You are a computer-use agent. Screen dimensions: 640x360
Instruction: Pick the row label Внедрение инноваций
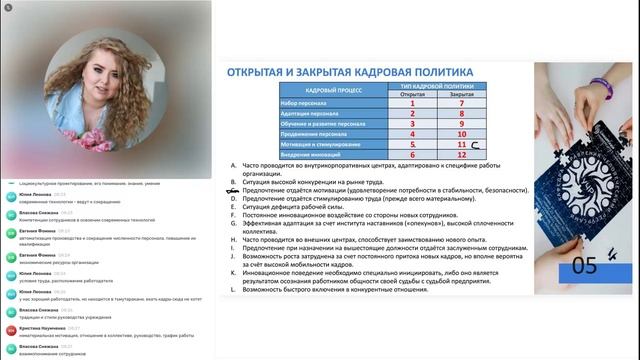[x=309, y=154]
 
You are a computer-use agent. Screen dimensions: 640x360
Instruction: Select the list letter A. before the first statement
[x=233, y=164]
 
